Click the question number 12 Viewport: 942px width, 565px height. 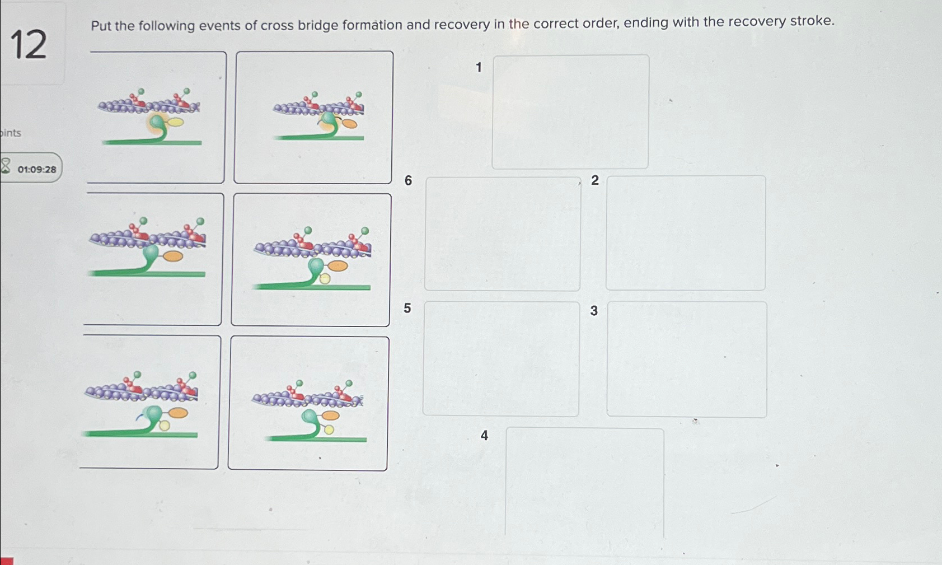[x=29, y=45]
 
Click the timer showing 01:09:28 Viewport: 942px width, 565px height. [x=36, y=169]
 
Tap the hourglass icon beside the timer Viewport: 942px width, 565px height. [x=6, y=166]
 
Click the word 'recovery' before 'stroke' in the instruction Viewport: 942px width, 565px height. [x=758, y=22]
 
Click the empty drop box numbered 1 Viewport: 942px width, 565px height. [x=570, y=112]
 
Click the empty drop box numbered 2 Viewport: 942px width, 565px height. [x=686, y=233]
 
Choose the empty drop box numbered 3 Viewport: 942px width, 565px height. [x=687, y=359]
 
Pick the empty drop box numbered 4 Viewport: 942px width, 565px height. [x=584, y=482]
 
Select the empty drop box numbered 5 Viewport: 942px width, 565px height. [x=501, y=359]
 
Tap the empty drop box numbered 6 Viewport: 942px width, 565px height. [x=502, y=234]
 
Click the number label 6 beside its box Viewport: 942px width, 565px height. [x=408, y=180]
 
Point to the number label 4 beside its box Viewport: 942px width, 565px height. [x=484, y=435]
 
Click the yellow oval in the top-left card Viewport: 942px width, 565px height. [x=176, y=122]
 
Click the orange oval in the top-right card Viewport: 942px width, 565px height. [x=350, y=124]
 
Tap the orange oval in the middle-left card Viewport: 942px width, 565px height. [x=173, y=256]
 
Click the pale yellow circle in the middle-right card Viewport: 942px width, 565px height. [x=325, y=278]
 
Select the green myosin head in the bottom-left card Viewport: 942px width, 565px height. [x=152, y=414]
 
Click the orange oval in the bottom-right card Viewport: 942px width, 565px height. [x=330, y=415]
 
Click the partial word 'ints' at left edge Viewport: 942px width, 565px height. [x=11, y=133]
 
